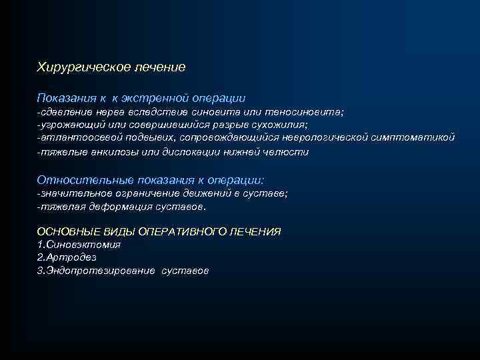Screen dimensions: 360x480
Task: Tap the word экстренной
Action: pos(153,98)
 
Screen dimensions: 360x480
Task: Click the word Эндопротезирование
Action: pos(100,271)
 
